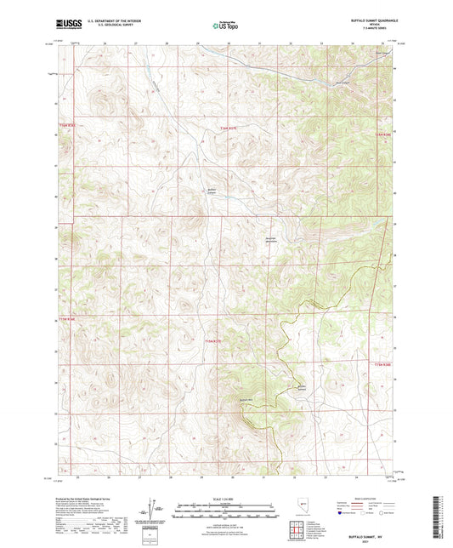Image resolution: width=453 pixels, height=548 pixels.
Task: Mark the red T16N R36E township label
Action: coord(67,127)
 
